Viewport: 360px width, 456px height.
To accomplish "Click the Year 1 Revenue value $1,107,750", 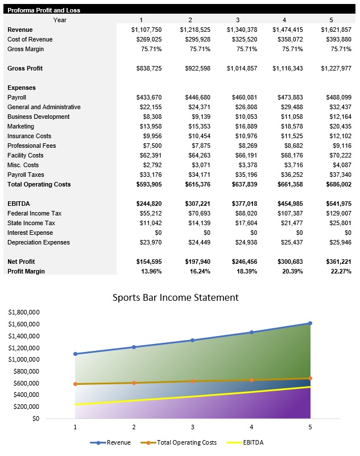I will pos(146,30).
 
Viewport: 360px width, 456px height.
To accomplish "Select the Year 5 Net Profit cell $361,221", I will pos(336,262).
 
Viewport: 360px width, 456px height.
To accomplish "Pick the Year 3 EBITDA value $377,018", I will pos(242,204).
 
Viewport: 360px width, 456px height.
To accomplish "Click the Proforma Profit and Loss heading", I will pos(44,10).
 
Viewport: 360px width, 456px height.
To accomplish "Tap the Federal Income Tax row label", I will pos(34,213).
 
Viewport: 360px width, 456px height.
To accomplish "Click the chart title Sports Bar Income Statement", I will pos(175,297).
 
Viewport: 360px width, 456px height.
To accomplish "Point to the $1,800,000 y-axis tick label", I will pos(23,312).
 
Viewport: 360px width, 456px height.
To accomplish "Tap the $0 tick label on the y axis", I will pos(35,418).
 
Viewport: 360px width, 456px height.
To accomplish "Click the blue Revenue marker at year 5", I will pos(310,323).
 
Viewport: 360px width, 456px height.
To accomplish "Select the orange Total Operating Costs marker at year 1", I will pos(75,384).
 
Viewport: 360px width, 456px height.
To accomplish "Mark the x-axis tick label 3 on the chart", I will pos(192,427).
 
